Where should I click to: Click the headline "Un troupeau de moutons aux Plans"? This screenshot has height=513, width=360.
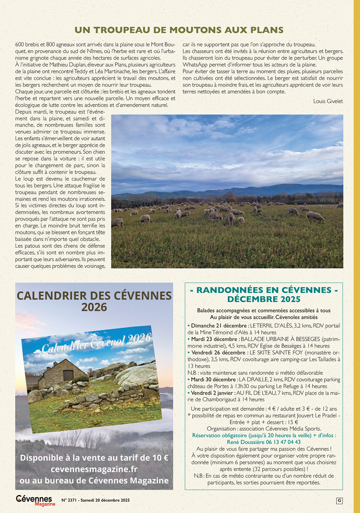(179, 30)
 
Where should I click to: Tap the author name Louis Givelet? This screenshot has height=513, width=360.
(328, 101)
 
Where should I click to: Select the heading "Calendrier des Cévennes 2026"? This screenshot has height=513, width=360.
(94, 301)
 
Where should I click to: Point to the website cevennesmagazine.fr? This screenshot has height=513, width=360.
(94, 469)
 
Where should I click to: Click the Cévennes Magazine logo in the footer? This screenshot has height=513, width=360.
(35, 500)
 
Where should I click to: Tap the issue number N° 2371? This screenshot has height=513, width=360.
(69, 500)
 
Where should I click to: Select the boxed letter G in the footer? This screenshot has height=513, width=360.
(339, 501)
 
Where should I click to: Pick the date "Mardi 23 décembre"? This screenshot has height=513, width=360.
(215, 339)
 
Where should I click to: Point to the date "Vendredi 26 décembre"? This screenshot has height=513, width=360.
(218, 353)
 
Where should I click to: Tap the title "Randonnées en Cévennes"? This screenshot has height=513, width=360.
(264, 290)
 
